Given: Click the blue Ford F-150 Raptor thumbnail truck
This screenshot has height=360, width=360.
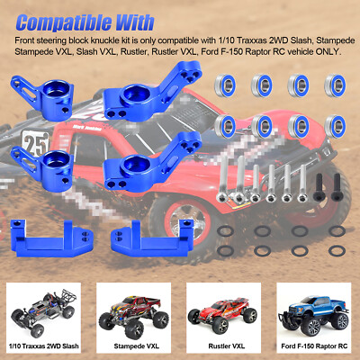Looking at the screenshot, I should pyautogui.click(x=312, y=310).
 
